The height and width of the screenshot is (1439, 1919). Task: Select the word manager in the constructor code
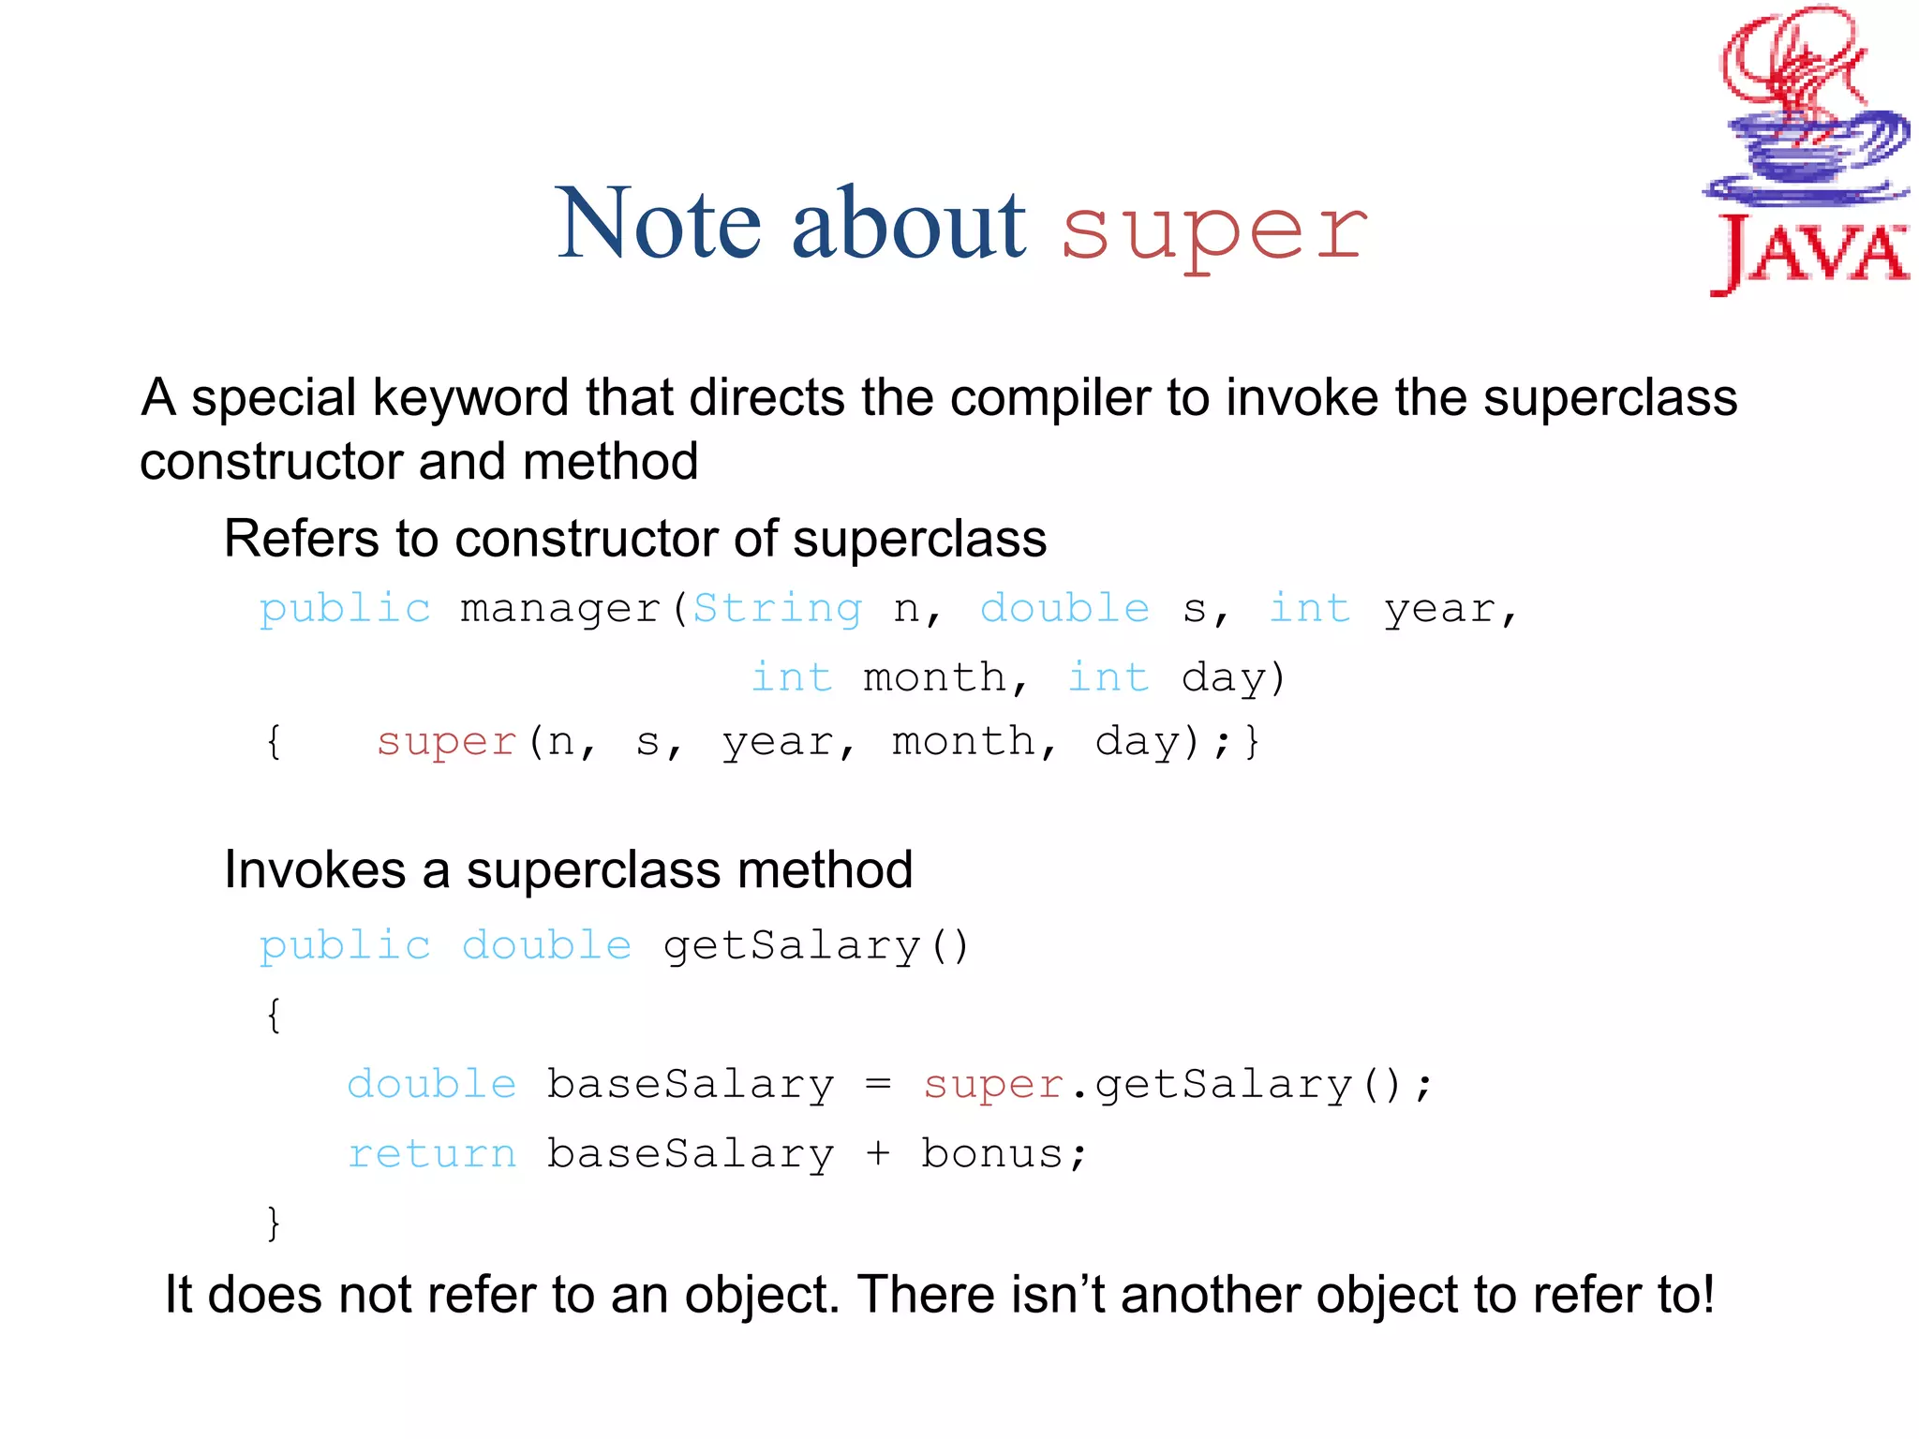[x=560, y=610]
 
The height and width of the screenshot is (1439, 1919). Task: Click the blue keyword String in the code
[x=777, y=609]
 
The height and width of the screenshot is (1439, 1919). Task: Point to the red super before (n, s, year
[x=446, y=742]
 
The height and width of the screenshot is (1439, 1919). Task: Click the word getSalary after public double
[x=792, y=945]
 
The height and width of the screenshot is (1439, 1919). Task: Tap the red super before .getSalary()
[x=992, y=1085]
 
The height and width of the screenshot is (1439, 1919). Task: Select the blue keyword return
[x=432, y=1154]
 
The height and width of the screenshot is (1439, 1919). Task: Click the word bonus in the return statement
[x=992, y=1154]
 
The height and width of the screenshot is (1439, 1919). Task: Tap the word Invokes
[x=315, y=870]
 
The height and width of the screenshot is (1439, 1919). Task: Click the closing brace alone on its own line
[x=273, y=1224]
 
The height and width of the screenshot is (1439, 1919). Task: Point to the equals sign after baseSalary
[x=878, y=1085]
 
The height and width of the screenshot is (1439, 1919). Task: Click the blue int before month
[x=792, y=677]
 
